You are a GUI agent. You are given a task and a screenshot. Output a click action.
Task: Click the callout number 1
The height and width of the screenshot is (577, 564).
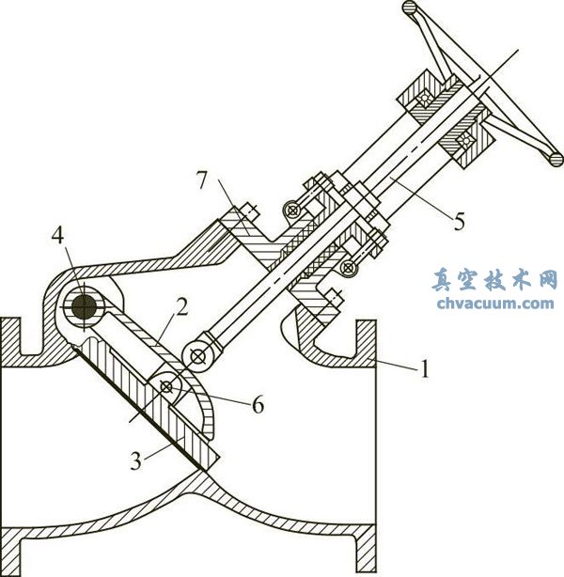[x=424, y=370]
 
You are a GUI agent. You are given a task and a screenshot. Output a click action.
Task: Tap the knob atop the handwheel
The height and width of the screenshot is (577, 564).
[x=410, y=8]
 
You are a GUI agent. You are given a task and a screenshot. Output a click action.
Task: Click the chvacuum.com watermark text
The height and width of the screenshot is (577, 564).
[x=495, y=303]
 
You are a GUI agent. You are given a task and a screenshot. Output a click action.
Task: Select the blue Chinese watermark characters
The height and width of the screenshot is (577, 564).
[x=495, y=280]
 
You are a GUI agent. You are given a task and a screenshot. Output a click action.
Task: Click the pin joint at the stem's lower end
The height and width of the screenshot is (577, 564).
[x=198, y=355]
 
